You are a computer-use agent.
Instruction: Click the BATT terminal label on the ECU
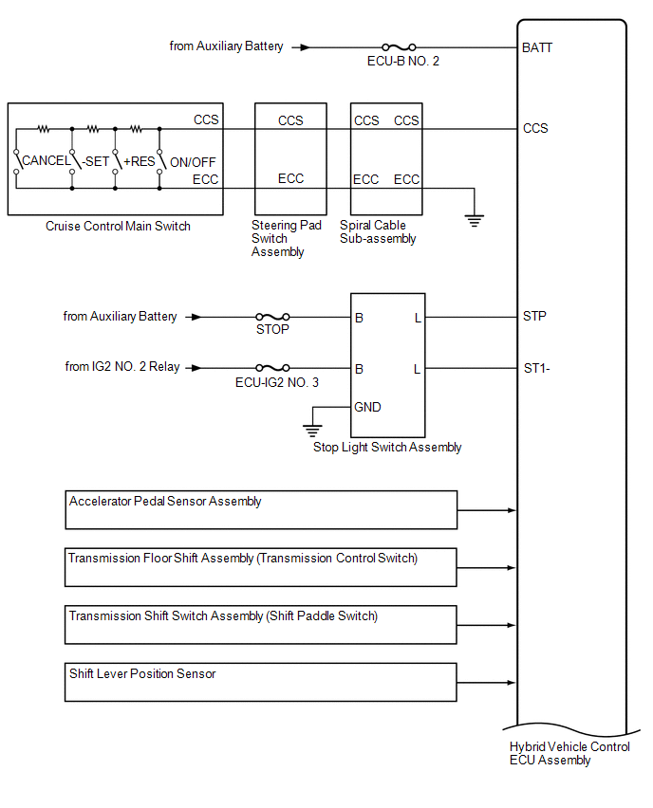537,47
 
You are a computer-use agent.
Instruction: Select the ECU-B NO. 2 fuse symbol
399,46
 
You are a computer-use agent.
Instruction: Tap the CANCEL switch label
46,161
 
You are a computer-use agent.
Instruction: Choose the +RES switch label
139,161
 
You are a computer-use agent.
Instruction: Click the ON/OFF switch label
193,161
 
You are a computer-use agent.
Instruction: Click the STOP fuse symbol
272,318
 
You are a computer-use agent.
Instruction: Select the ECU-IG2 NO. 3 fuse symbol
272,368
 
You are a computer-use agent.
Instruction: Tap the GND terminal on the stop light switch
367,407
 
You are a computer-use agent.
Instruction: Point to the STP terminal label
534,317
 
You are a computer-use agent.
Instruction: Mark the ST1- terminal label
536,368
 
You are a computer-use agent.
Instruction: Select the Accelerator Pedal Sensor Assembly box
261,509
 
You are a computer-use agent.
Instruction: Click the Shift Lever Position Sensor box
261,682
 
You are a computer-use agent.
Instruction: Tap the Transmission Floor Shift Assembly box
261,567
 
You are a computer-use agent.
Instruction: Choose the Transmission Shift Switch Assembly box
261,625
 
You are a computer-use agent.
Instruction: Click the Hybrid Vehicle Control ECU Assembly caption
569,753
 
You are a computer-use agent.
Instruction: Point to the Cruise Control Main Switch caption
118,226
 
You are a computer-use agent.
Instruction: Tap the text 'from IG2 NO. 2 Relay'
122,367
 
